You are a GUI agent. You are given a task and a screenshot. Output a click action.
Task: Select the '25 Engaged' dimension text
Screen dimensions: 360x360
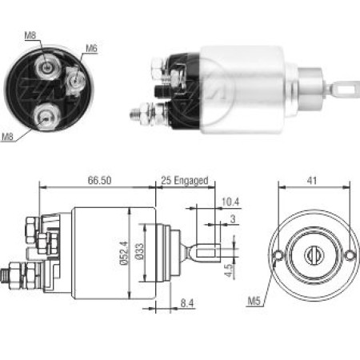[x=184, y=180]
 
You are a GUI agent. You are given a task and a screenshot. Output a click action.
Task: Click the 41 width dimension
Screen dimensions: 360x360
[x=312, y=182]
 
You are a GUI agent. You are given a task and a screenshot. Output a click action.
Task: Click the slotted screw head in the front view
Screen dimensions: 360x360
[x=313, y=255]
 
